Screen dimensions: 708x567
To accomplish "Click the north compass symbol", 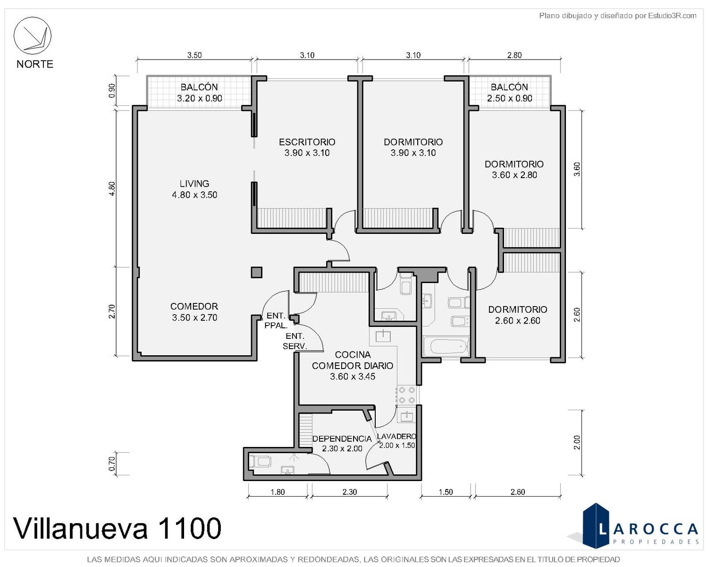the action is point(32,35).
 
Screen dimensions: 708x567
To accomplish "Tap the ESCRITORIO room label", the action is point(307,142).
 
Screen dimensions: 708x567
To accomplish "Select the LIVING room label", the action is point(194,183).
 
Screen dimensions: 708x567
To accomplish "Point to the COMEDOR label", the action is point(194,306).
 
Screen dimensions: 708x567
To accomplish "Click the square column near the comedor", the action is point(257,273).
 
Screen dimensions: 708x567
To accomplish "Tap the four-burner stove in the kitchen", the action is point(407,395).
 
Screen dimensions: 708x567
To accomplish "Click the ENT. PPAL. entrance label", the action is point(276,320).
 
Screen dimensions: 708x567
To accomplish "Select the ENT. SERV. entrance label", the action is point(295,341).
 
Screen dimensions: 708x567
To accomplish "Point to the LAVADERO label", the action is point(397,436).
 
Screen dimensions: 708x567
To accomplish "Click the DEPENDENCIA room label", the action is point(342,439).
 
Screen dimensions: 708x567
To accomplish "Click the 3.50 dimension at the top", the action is point(194,55).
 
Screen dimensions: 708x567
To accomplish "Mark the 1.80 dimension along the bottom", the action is point(278,492).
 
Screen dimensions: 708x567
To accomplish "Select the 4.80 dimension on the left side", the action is point(112,189).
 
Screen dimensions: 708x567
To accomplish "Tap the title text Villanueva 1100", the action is point(117,528).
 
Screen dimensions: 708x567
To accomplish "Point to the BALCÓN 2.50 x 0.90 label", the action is point(509,93).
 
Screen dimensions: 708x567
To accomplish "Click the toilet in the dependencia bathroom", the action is point(260,461).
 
